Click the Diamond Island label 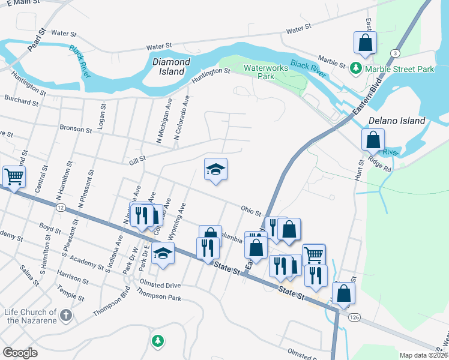172,67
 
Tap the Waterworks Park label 266,72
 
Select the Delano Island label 396,121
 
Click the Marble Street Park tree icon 356,69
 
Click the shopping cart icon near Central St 13,176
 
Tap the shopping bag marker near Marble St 366,43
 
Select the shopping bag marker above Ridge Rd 373,140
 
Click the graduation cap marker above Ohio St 215,169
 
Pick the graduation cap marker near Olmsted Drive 163,253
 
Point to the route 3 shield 394,53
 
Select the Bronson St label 76,128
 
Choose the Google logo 20,353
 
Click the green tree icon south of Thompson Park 158,341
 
